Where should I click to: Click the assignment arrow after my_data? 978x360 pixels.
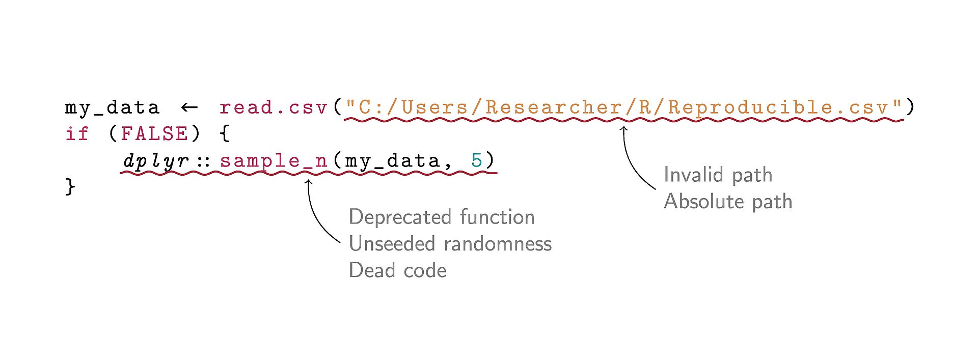(189, 107)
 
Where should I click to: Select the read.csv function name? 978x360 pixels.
(273, 108)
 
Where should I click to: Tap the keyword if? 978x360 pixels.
(77, 134)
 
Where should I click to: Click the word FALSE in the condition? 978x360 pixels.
(154, 134)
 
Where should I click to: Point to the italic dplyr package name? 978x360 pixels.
(156, 161)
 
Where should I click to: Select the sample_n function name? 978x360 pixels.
(274, 161)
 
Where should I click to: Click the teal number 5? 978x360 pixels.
(476, 160)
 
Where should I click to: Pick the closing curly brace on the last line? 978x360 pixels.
(70, 187)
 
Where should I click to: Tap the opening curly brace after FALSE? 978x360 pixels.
(225, 134)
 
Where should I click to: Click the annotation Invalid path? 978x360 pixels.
(718, 175)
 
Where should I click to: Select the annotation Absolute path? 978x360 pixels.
(728, 202)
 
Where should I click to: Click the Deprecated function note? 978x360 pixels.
(442, 217)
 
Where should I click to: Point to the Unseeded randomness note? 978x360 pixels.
(450, 244)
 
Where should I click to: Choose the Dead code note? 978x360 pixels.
(397, 270)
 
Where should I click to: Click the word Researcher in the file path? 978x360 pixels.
(553, 108)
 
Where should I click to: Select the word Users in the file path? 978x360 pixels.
(434, 108)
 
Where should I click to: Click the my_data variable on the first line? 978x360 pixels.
(112, 108)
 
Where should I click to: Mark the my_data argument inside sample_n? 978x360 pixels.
(392, 161)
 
